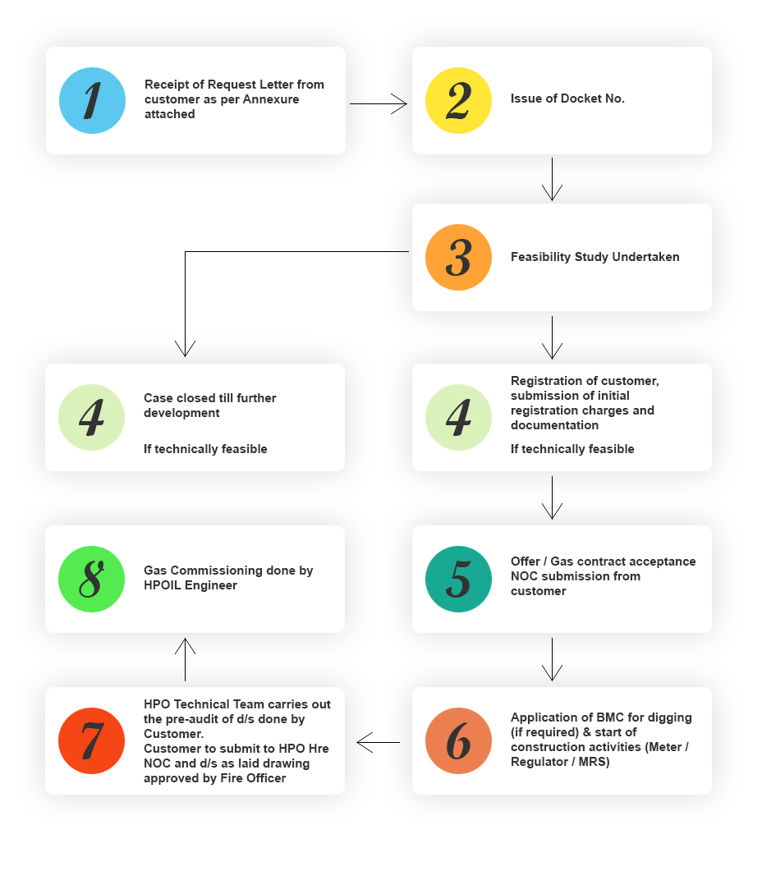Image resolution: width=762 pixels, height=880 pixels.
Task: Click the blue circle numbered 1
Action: tap(92, 100)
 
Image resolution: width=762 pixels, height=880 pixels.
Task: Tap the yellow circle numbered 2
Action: tap(458, 100)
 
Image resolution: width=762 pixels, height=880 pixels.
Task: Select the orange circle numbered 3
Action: tap(458, 258)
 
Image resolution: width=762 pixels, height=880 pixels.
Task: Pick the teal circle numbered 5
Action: tap(458, 580)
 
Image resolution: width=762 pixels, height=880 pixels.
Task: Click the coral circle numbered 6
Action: tap(458, 740)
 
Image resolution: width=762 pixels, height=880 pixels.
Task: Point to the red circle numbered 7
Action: tap(91, 740)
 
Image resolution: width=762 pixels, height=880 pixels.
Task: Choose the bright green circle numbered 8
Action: tap(91, 580)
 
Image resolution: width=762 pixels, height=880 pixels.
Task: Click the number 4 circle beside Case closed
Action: tap(91, 418)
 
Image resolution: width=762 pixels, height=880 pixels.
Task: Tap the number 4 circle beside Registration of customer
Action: tap(458, 418)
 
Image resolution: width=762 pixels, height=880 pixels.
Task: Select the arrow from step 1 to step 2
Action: tap(379, 103)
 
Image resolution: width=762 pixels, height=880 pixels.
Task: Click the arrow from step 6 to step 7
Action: tap(379, 742)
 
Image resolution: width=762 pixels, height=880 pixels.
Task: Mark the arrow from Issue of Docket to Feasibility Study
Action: tap(552, 179)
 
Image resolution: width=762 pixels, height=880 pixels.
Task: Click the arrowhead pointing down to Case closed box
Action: tap(186, 348)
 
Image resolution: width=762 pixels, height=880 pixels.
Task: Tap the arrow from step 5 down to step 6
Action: tap(552, 659)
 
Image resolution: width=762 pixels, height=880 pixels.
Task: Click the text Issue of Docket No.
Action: tap(567, 99)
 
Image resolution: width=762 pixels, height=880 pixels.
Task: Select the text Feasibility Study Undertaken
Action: tap(595, 257)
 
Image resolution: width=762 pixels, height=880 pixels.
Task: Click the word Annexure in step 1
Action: tap(271, 99)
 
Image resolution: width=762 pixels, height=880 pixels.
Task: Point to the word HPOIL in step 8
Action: tap(163, 585)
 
